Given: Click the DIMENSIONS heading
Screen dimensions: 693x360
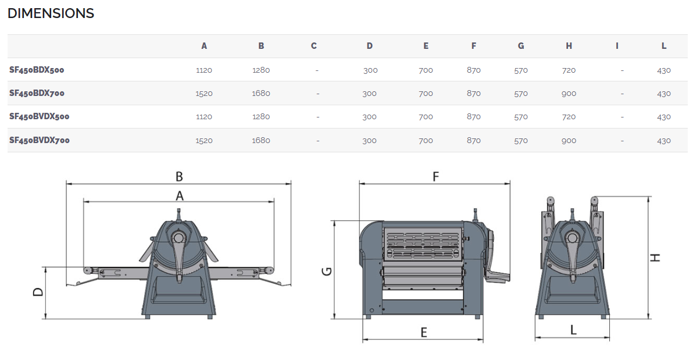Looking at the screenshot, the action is [51, 13].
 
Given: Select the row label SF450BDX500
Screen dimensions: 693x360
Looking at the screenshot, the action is [37, 70].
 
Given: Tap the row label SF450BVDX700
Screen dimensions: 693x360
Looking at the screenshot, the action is [40, 140].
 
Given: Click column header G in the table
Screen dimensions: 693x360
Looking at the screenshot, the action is [521, 46].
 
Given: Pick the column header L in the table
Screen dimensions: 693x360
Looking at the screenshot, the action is [664, 46].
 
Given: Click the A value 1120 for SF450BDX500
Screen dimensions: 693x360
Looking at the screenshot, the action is [203, 70].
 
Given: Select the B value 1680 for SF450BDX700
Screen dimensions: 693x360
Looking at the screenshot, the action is [261, 93].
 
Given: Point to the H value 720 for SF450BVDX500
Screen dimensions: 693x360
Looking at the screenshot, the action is [569, 117].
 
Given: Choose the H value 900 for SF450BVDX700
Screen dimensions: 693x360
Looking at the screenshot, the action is [569, 141].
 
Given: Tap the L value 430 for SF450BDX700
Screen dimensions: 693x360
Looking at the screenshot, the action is [664, 94].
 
